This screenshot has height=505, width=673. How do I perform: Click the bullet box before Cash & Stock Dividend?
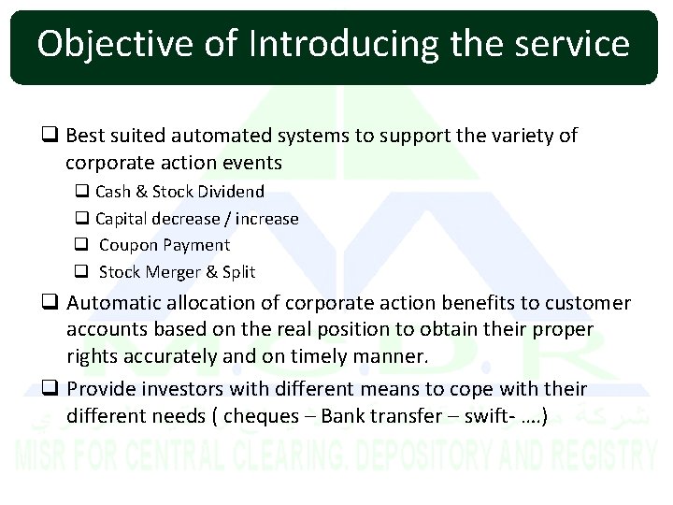(81, 192)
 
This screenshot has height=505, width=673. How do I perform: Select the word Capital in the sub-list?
(122, 219)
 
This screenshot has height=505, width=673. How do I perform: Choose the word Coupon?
(129, 245)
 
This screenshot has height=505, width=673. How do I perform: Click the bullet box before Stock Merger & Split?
(81, 272)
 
